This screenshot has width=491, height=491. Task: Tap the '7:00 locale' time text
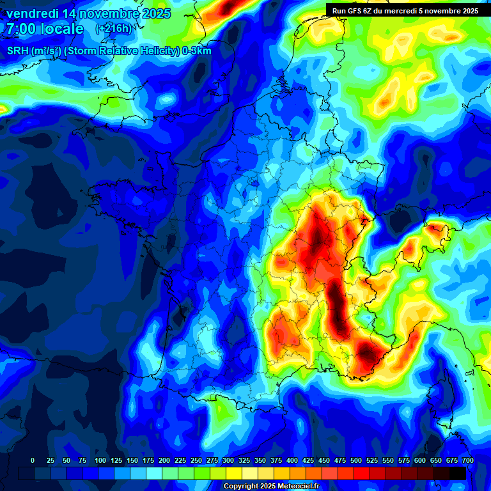click(x=45, y=29)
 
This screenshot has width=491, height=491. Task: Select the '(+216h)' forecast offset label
click(x=113, y=29)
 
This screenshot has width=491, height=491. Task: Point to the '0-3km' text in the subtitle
click(x=197, y=51)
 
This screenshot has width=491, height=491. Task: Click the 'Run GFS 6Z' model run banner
click(x=403, y=10)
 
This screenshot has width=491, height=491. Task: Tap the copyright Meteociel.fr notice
click(x=271, y=486)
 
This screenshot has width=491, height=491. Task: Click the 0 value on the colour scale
click(x=33, y=460)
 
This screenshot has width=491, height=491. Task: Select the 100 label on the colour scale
click(x=100, y=460)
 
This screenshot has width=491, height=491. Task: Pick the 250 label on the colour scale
click(x=196, y=460)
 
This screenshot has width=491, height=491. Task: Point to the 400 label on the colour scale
click(x=292, y=460)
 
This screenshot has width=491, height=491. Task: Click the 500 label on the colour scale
click(x=356, y=460)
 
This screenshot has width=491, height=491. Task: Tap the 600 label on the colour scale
click(x=420, y=460)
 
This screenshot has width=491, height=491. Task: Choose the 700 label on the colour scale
click(x=468, y=460)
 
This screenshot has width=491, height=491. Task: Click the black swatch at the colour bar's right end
click(x=458, y=473)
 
